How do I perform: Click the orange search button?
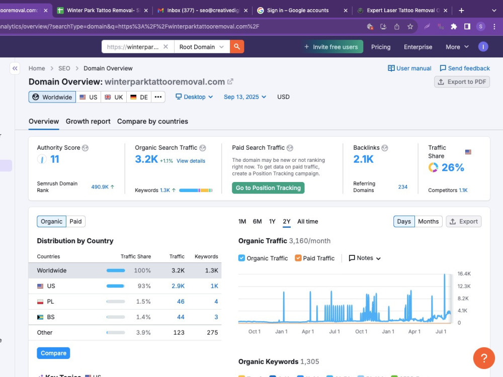tap(237, 46)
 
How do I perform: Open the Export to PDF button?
tap(462, 82)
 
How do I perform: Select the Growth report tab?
tap(88, 122)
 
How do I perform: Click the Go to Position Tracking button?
tap(268, 188)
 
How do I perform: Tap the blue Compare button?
tap(53, 353)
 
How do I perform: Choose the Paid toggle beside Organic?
tap(76, 222)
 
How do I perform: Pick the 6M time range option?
tap(257, 222)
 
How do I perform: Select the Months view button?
tap(428, 222)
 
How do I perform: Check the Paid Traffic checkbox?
tap(298, 258)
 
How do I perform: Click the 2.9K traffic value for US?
tap(178, 286)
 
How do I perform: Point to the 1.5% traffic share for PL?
tap(143, 302)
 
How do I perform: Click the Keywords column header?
tap(206, 256)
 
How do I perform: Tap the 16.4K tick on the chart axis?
tap(464, 274)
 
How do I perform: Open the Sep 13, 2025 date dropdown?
tap(245, 97)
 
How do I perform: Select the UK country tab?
tap(114, 97)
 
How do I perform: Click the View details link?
tap(191, 161)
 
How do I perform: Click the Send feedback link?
tap(465, 68)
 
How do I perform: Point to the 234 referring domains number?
tap(402, 187)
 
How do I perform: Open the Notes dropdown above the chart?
tap(365, 258)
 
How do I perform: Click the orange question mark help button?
tap(484, 358)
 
